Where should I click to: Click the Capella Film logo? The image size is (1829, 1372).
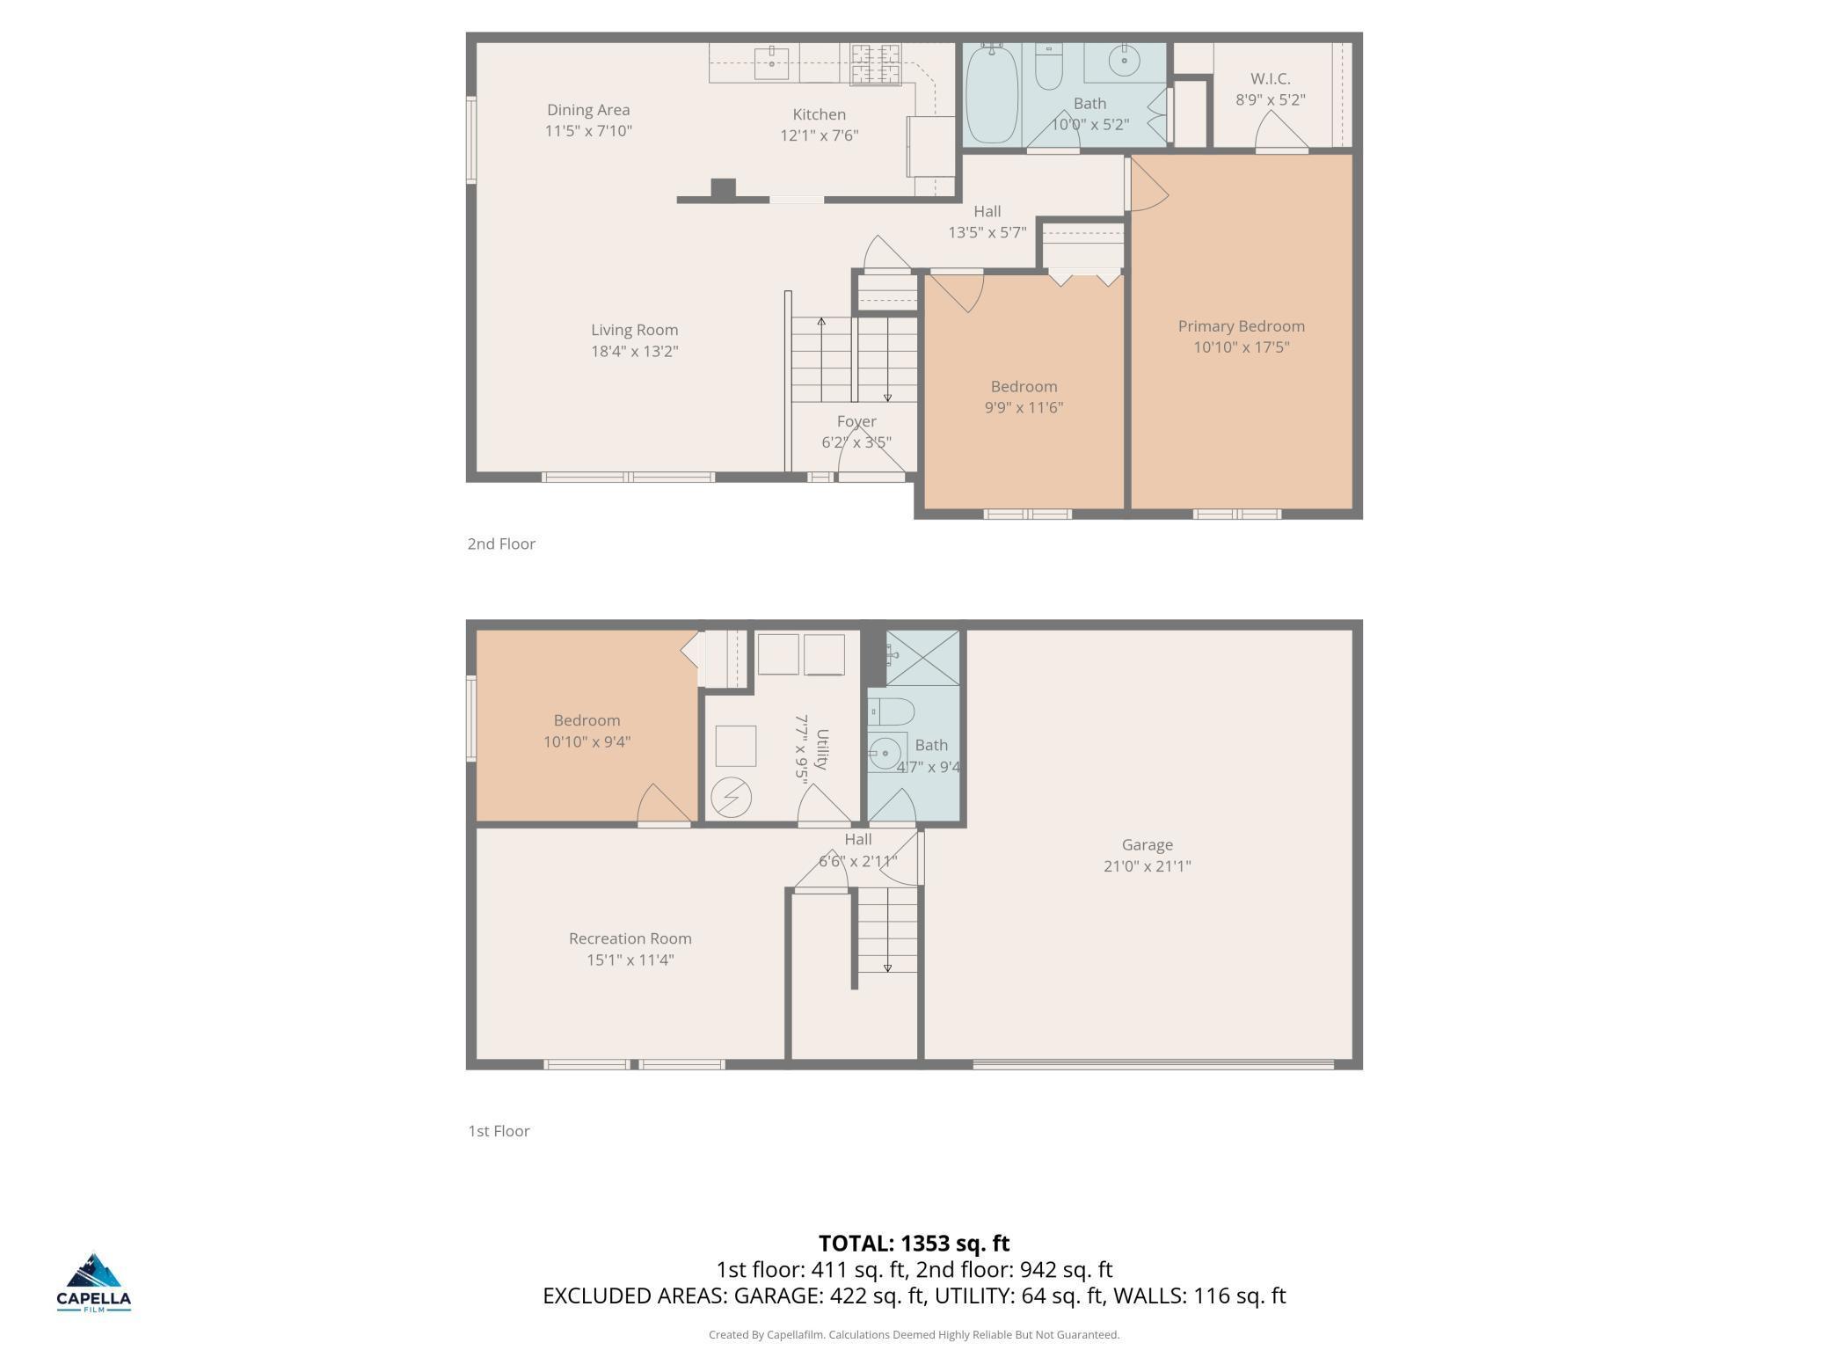(x=93, y=1282)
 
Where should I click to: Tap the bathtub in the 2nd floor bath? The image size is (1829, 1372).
(x=992, y=95)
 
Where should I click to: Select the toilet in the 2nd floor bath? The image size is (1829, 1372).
(x=1049, y=67)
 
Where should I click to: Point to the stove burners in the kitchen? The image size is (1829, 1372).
(x=875, y=63)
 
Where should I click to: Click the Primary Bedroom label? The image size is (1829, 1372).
(x=1241, y=326)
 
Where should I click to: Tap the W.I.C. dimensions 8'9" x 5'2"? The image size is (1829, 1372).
(x=1270, y=100)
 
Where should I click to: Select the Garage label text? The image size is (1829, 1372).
(x=1147, y=845)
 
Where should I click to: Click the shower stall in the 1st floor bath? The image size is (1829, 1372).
(x=922, y=658)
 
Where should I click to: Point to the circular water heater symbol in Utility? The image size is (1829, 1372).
(x=731, y=799)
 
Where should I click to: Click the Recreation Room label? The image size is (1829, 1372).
(x=630, y=939)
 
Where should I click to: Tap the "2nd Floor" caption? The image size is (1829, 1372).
(x=501, y=544)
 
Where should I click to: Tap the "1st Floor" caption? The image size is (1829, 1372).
(x=499, y=1132)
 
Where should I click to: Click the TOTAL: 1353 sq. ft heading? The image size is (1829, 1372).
(x=914, y=1244)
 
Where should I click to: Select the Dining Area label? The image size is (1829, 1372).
(x=588, y=110)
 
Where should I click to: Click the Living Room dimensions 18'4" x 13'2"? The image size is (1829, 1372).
(x=634, y=352)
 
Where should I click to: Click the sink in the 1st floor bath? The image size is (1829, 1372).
(x=885, y=753)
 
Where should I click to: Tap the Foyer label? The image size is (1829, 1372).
(x=856, y=421)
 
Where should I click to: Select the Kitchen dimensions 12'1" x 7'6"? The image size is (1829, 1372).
(x=819, y=135)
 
